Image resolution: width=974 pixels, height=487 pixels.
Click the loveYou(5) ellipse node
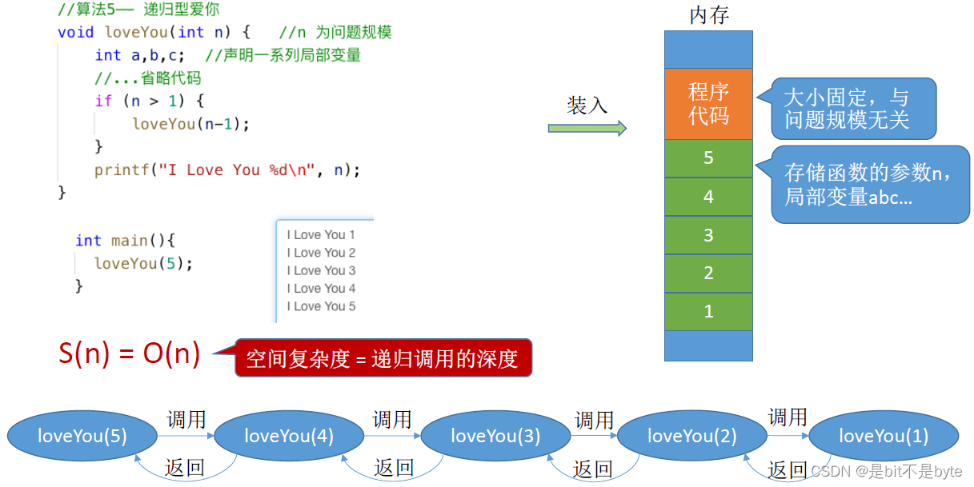click(82, 436)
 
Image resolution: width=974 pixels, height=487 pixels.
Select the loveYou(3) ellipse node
click(495, 436)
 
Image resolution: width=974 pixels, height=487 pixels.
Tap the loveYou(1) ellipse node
click(884, 436)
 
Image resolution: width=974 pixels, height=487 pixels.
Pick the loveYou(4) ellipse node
click(289, 436)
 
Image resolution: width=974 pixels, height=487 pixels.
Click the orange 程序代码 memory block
click(708, 104)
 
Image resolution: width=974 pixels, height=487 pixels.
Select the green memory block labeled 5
click(708, 158)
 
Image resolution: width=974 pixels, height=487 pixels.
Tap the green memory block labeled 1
click(708, 311)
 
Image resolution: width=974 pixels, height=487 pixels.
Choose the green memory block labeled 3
click(708, 235)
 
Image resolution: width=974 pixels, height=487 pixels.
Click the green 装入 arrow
click(587, 128)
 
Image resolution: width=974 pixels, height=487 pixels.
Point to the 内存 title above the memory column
click(709, 15)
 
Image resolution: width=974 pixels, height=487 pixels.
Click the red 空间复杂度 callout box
click(383, 359)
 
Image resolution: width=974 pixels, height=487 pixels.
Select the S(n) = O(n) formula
click(130, 353)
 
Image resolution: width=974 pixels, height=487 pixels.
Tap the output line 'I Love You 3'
click(321, 270)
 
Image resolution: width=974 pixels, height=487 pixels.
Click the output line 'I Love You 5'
click(321, 306)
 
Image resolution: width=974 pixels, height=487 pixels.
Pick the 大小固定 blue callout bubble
click(852, 109)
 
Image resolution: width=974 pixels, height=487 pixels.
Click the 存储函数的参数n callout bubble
click(869, 184)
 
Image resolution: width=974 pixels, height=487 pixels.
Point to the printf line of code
click(227, 170)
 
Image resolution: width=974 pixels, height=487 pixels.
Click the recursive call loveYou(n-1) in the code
click(191, 124)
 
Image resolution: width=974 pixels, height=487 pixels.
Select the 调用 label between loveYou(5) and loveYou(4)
click(186, 419)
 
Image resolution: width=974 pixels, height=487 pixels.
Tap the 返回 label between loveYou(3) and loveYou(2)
click(593, 469)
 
